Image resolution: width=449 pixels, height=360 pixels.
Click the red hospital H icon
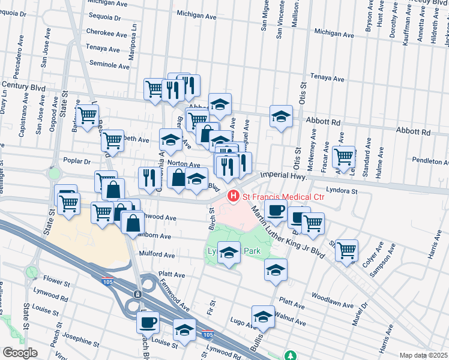[232, 196]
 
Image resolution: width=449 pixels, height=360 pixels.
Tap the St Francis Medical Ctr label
[283, 196]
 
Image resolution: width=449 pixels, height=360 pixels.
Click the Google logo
[20, 352]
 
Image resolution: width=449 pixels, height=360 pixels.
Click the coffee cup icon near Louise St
[148, 322]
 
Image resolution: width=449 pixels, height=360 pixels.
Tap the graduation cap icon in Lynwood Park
[229, 253]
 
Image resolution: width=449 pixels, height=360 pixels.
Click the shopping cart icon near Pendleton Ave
[343, 156]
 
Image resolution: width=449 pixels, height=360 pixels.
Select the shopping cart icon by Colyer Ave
[347, 250]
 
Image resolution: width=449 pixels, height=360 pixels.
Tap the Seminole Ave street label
[109, 63]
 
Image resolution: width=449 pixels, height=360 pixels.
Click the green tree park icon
[291, 355]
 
